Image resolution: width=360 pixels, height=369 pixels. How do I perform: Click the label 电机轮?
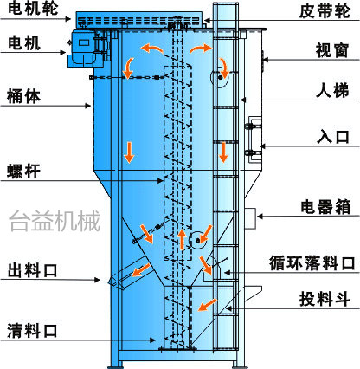click(33, 9)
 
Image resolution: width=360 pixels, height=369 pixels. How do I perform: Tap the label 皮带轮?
click(325, 11)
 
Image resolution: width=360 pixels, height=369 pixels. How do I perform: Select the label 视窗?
click(332, 50)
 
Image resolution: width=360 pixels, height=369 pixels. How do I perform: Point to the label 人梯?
click(332, 90)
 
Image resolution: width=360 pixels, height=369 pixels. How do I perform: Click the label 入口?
click(333, 137)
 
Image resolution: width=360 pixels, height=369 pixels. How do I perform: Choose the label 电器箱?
click(325, 207)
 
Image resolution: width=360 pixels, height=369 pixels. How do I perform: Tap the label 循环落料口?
click(312, 263)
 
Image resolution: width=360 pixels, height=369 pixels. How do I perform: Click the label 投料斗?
click(325, 299)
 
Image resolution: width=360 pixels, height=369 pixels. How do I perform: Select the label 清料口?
click(32, 331)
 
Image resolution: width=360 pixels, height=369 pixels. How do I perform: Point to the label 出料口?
click(32, 270)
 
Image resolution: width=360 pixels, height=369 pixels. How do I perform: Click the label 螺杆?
click(23, 172)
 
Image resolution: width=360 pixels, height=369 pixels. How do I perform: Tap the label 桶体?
click(23, 96)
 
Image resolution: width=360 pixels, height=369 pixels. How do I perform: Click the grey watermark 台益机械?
click(55, 221)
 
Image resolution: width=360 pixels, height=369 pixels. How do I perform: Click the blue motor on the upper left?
click(83, 48)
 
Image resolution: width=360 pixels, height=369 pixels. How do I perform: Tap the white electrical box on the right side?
click(250, 218)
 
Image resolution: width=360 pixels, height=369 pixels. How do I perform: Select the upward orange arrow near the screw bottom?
click(182, 239)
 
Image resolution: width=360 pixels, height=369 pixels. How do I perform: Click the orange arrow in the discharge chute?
click(141, 270)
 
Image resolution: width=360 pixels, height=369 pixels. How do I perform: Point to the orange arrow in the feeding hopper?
click(208, 305)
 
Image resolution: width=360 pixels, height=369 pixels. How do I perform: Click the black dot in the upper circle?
click(220, 78)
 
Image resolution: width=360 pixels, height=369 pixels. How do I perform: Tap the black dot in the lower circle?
click(197, 240)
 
